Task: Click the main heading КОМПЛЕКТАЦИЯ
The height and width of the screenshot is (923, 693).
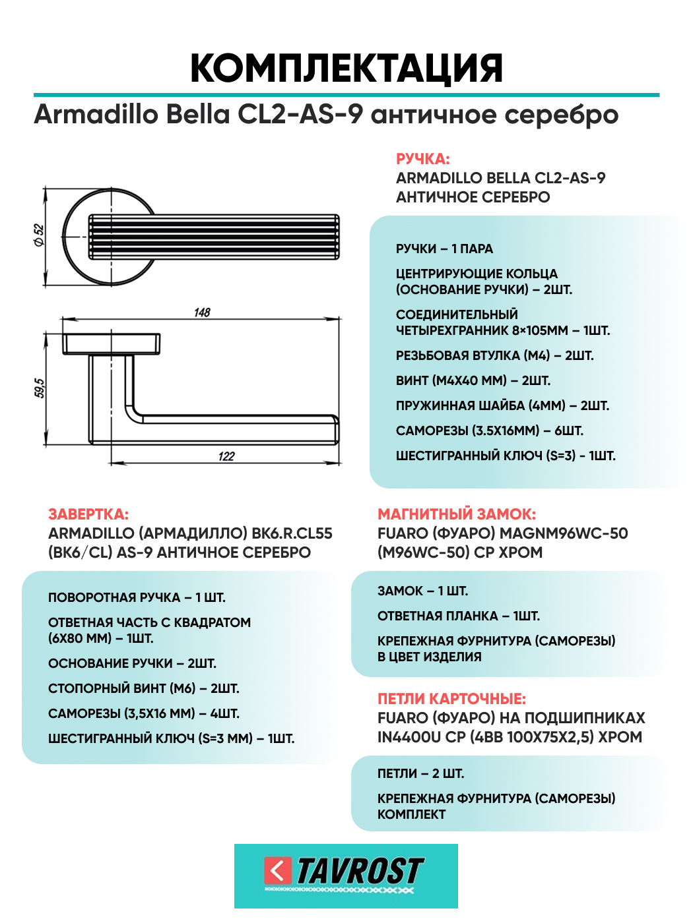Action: (x=346, y=68)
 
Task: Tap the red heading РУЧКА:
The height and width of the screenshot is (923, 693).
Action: (x=422, y=159)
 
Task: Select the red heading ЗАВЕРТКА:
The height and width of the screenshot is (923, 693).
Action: (x=88, y=514)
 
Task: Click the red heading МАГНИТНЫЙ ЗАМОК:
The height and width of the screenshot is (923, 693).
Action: (x=457, y=514)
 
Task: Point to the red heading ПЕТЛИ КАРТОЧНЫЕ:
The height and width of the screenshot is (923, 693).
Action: (x=451, y=699)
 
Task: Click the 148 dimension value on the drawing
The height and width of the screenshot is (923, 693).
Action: (x=202, y=313)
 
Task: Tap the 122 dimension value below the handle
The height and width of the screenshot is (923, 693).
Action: (x=226, y=456)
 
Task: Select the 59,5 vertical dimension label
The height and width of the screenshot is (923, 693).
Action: (x=40, y=388)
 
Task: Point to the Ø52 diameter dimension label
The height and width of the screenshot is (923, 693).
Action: (x=39, y=235)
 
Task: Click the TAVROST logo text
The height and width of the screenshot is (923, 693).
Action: (x=360, y=872)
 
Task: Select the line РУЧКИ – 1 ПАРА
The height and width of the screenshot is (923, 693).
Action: (x=444, y=249)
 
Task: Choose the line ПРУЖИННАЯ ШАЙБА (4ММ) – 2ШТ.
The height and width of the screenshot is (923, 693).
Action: (x=502, y=405)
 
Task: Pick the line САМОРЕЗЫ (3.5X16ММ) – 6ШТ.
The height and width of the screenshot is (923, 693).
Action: (x=489, y=431)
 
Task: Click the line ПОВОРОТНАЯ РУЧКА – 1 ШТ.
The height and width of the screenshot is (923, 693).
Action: (x=137, y=597)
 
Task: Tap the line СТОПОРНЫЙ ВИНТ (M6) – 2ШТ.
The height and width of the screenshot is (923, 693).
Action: (x=144, y=688)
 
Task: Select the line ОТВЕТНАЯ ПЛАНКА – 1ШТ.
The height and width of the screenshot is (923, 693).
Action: (x=458, y=616)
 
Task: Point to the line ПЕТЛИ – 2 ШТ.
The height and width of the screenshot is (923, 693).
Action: (x=420, y=773)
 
